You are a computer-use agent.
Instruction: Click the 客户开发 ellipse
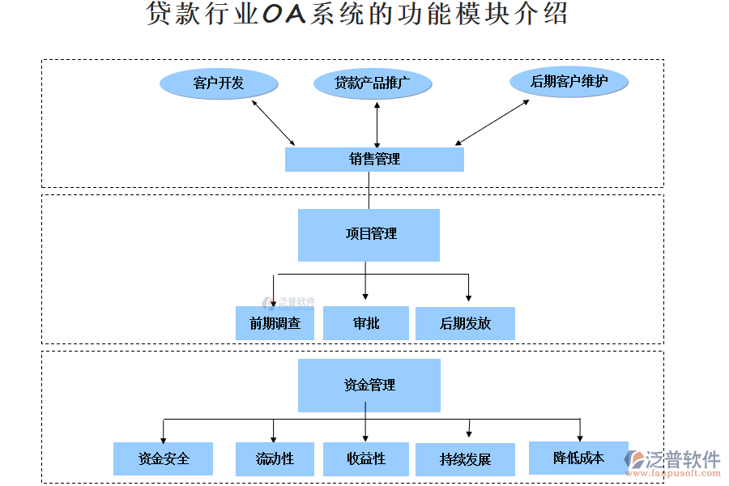click(219, 83)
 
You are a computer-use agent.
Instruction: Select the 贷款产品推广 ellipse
click(373, 83)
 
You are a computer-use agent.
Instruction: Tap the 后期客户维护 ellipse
click(569, 81)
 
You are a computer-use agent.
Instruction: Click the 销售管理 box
click(374, 160)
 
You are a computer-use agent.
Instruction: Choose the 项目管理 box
click(369, 235)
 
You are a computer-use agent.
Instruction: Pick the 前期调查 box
click(275, 323)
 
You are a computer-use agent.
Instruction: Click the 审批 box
click(365, 323)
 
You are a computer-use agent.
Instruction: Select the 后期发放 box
click(465, 323)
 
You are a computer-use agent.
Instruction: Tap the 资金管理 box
click(369, 386)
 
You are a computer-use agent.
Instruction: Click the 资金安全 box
click(163, 458)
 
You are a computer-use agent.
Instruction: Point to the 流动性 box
click(275, 458)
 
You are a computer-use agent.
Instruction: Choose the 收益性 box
click(365, 458)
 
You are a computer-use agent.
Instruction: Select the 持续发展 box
click(465, 459)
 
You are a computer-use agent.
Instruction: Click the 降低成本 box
click(578, 458)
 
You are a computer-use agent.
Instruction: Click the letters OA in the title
click(283, 15)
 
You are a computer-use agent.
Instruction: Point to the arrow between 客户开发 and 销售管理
click(273, 122)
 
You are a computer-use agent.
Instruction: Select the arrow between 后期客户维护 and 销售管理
click(492, 122)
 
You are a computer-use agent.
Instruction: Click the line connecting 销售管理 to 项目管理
click(369, 190)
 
